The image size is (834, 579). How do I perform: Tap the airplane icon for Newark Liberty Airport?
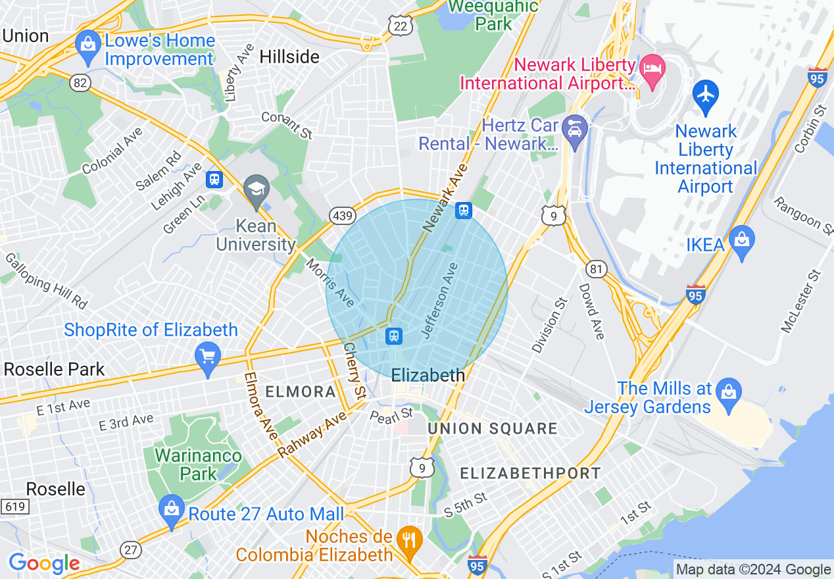click(x=705, y=93)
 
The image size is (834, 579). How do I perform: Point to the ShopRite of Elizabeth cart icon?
click(x=208, y=357)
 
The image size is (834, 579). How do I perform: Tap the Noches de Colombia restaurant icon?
click(x=410, y=540)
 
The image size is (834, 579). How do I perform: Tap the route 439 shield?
click(x=344, y=215)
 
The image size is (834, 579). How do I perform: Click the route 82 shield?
click(x=80, y=83)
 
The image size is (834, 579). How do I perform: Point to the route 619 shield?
click(x=13, y=507)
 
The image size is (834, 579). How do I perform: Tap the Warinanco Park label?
click(x=198, y=464)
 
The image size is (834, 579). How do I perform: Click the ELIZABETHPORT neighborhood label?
click(x=529, y=473)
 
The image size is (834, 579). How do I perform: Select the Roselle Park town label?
click(x=54, y=369)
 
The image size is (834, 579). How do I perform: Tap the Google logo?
click(x=44, y=563)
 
